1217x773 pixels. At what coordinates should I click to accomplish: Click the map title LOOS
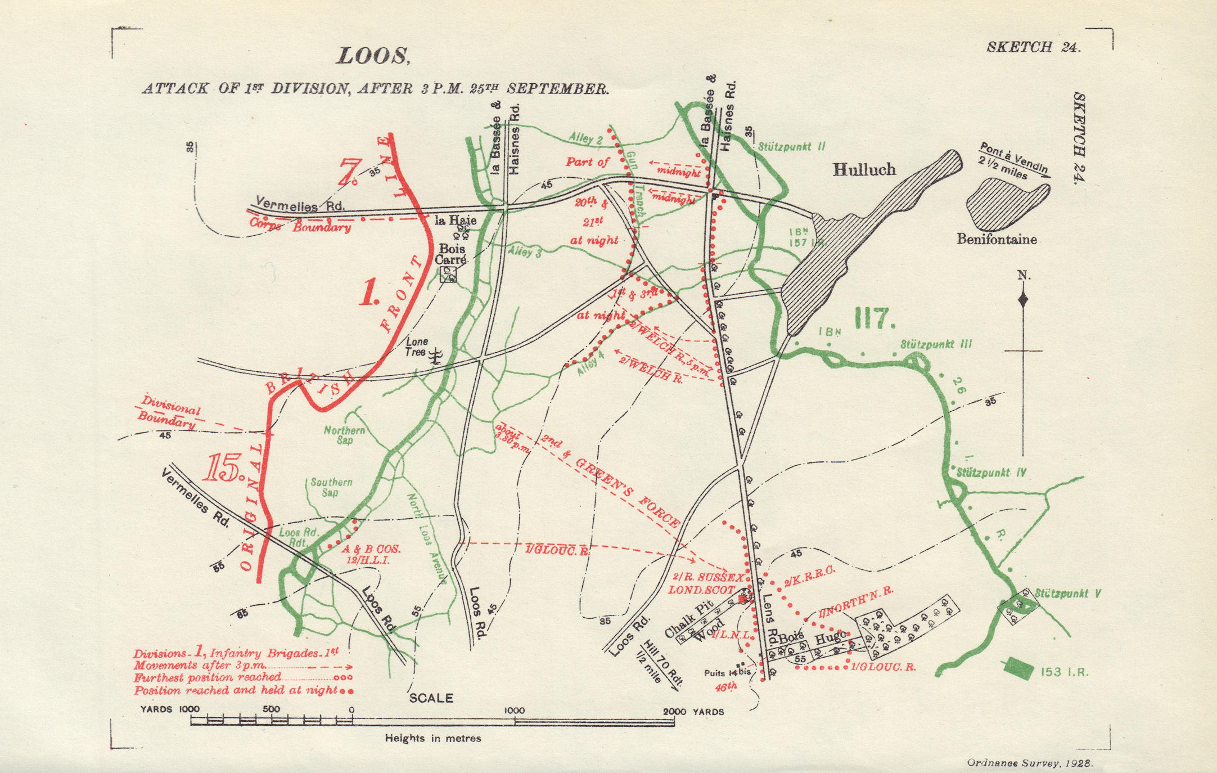[373, 57]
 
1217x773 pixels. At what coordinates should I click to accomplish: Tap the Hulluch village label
[864, 170]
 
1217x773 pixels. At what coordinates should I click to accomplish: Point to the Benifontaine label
[997, 240]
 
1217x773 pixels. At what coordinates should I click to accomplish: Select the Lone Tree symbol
[435, 356]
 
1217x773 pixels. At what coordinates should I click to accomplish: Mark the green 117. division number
[875, 320]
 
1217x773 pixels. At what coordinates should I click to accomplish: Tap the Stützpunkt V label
[1067, 594]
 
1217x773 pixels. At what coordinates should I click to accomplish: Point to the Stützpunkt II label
[791, 147]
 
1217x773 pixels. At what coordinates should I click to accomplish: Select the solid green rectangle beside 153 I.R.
[1018, 668]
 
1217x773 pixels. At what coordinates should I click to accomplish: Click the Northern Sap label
[344, 435]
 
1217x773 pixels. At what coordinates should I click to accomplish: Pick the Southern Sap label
[331, 487]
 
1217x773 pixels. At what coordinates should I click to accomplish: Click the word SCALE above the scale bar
[431, 698]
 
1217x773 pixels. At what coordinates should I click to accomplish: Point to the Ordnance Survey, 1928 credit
[1029, 763]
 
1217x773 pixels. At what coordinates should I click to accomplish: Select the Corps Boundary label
[300, 226]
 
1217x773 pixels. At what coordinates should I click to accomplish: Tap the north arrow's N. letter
[1024, 276]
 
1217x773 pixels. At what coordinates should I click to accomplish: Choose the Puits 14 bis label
[727, 673]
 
